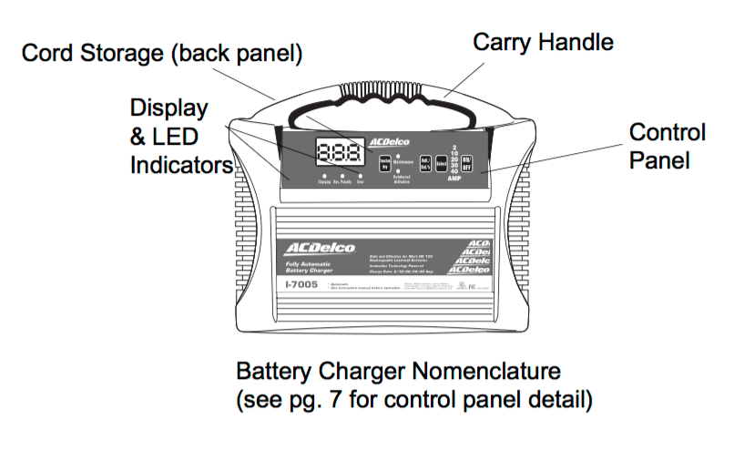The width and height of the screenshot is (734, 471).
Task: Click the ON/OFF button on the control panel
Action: click(x=467, y=163)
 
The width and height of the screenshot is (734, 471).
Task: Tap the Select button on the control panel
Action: click(x=442, y=164)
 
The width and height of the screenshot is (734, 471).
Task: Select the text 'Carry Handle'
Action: click(x=543, y=42)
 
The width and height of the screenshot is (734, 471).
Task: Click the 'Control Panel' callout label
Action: click(x=667, y=147)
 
